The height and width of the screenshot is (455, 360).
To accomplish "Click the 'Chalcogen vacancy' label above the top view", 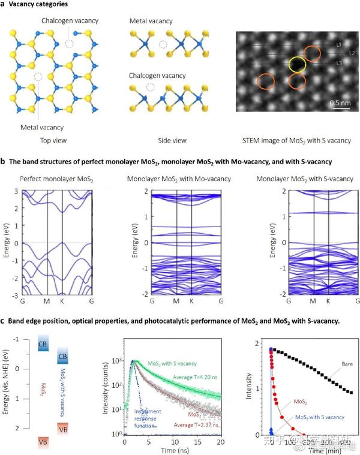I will pyautogui.click(x=70, y=21).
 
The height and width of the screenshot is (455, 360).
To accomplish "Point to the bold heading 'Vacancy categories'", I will pyautogui.click(x=44, y=5).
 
